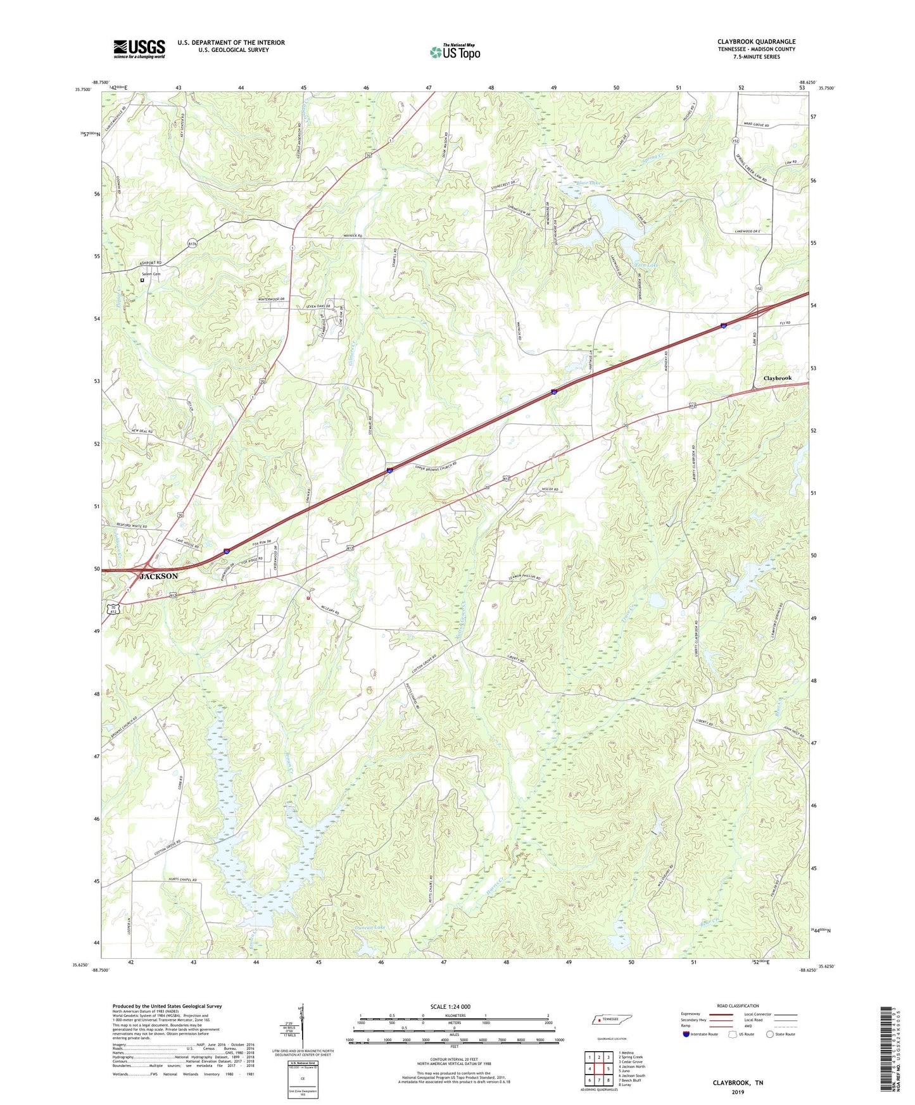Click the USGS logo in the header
click(139, 49)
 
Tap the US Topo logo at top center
click(455, 52)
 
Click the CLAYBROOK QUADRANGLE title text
click(756, 42)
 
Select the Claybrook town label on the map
click(777, 378)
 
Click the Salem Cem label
click(151, 274)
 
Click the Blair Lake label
click(588, 184)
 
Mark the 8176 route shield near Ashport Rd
click(192, 242)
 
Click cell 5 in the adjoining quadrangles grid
click(608, 1069)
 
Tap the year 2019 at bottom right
click(738, 1092)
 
